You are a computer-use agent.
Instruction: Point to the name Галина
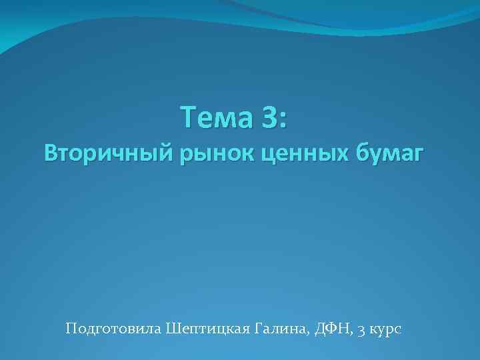[x=281, y=329]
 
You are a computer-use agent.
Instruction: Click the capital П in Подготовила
[x=71, y=329]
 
